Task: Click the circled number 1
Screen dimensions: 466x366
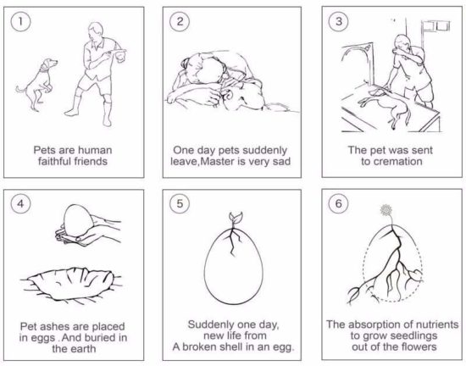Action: [20, 21]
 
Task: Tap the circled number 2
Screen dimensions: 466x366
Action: [180, 21]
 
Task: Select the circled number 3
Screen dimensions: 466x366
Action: [339, 21]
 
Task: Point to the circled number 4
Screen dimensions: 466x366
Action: [20, 204]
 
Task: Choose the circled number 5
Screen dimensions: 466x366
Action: [180, 204]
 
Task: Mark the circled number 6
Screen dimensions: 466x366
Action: [339, 204]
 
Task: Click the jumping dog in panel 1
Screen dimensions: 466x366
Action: [37, 84]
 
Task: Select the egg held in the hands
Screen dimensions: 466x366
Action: [78, 220]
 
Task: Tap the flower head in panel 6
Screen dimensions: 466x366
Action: [386, 210]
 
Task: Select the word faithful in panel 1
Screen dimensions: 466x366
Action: [55, 161]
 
